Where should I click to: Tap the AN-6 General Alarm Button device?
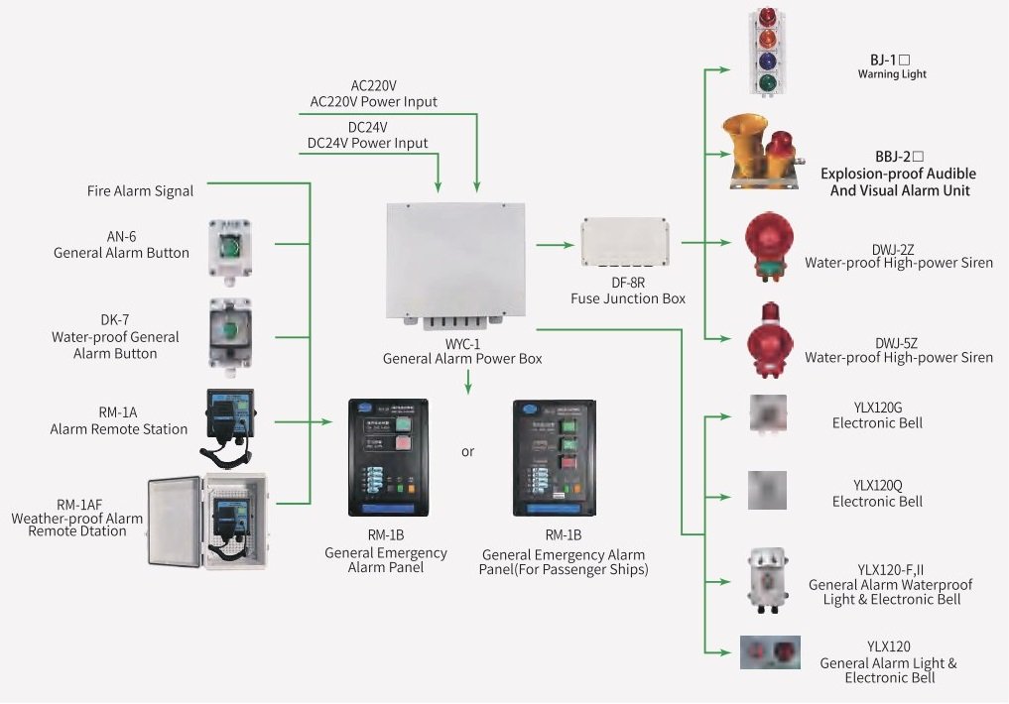pyautogui.click(x=229, y=249)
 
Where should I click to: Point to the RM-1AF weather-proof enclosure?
pyautogui.click(x=207, y=523)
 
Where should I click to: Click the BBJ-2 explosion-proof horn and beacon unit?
pyautogui.click(x=765, y=151)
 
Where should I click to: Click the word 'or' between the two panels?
pyautogui.click(x=468, y=452)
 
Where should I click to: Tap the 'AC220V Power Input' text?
pyautogui.click(x=373, y=102)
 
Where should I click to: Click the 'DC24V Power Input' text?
pyautogui.click(x=367, y=144)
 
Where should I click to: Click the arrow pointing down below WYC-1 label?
pyautogui.click(x=468, y=382)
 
